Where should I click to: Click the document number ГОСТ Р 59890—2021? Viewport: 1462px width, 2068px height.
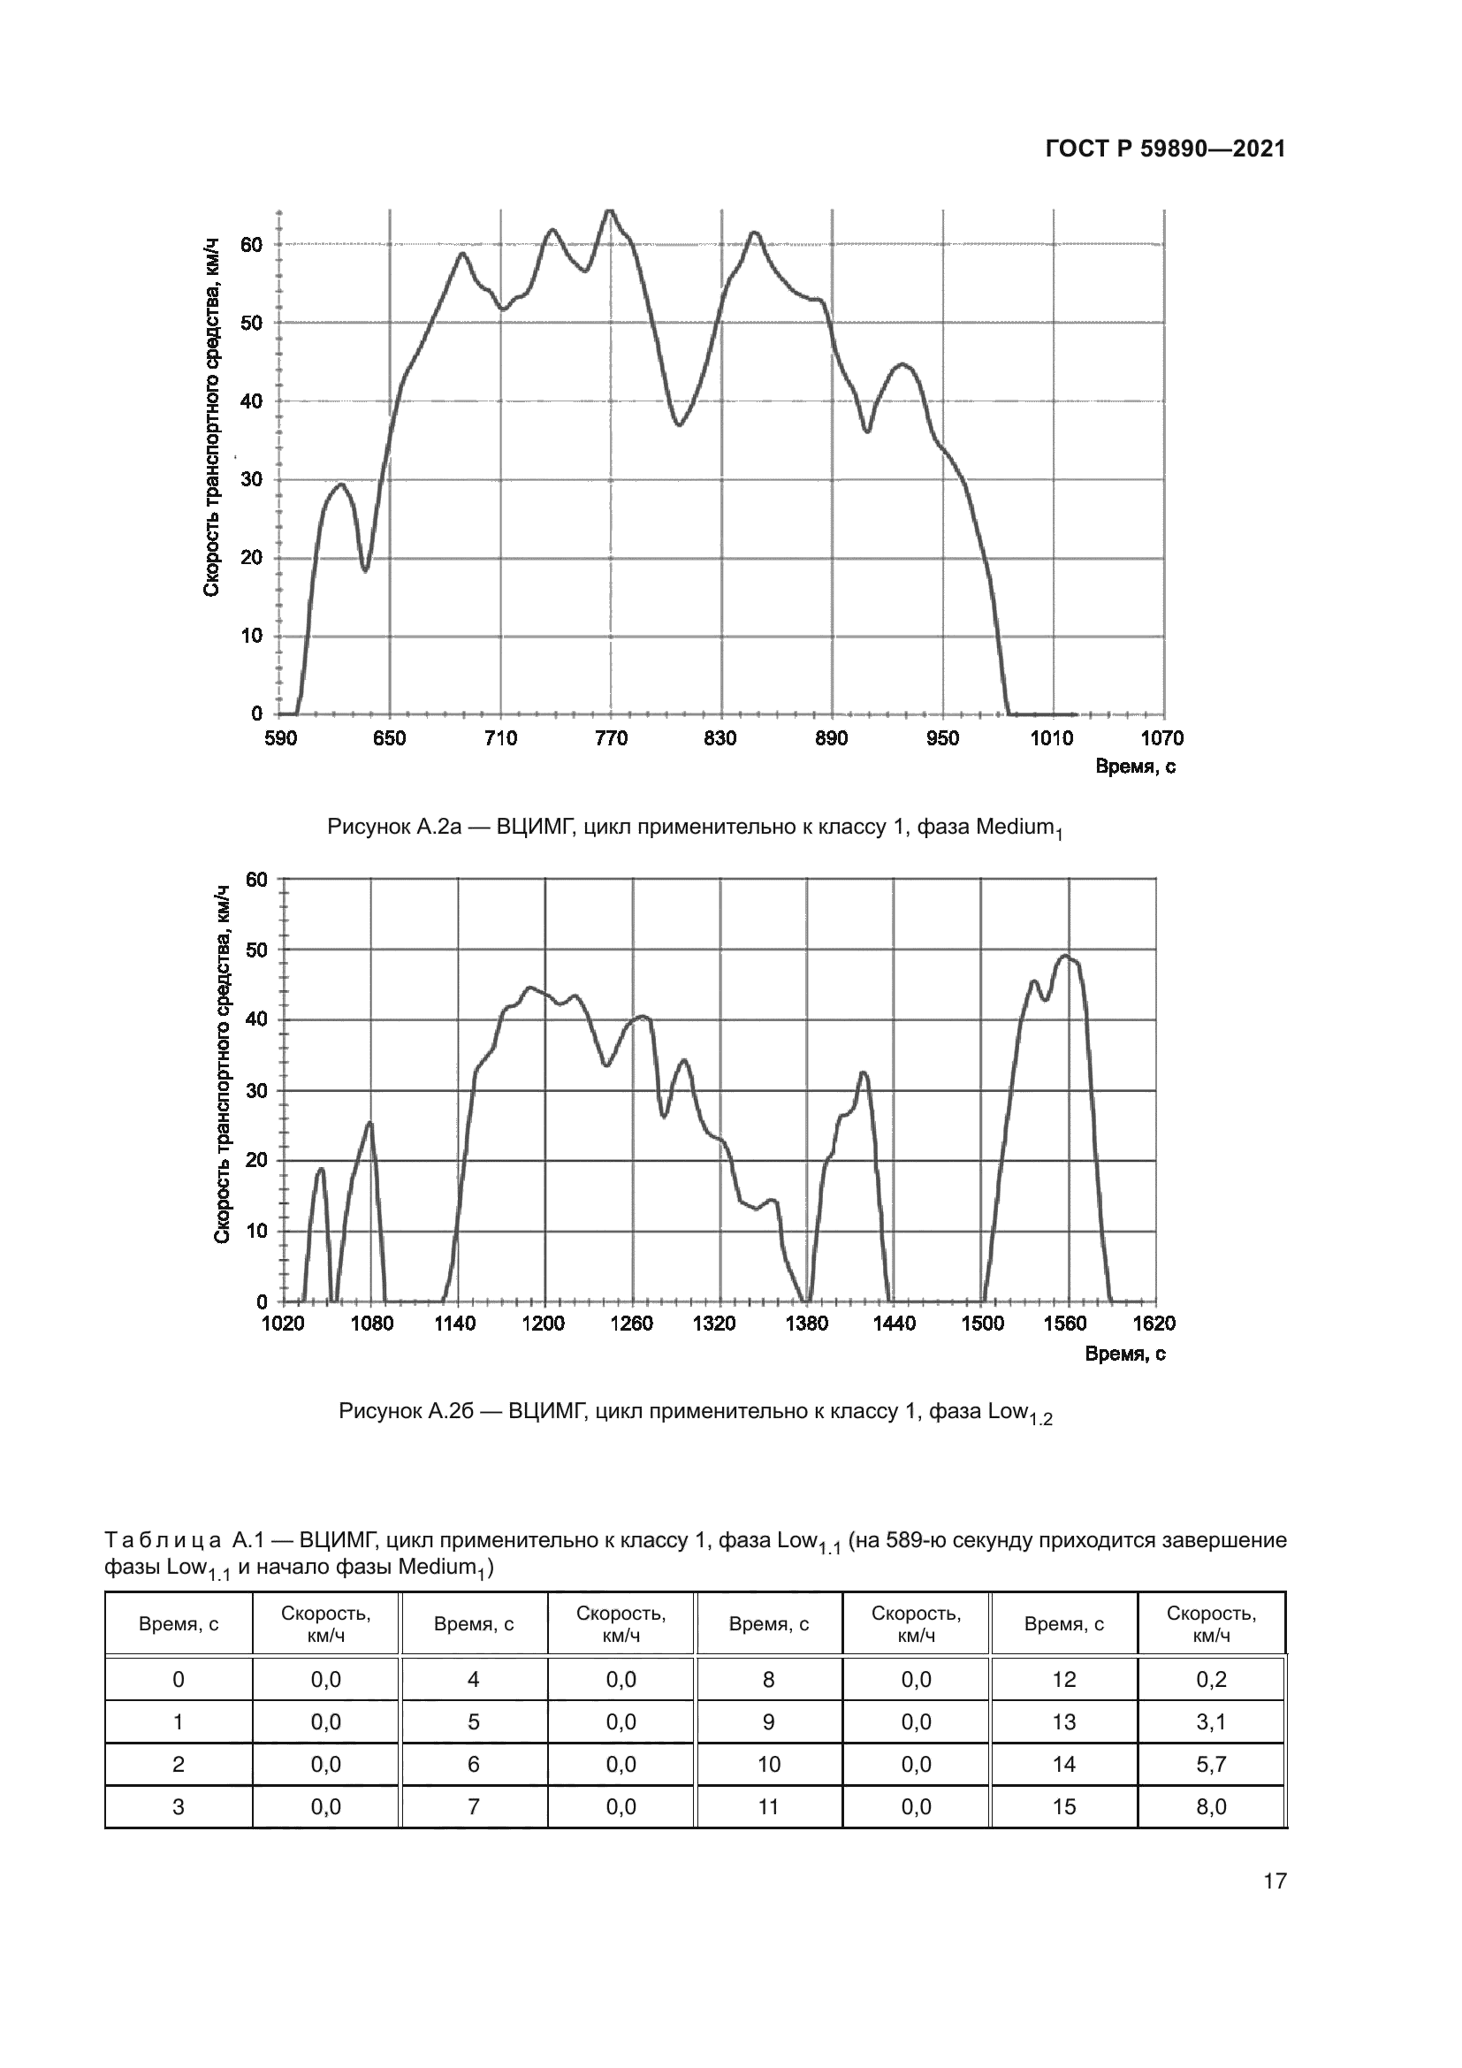(x=1165, y=149)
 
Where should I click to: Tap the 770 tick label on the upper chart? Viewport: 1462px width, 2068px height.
(x=611, y=739)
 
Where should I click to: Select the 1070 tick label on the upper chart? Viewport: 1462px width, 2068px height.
(x=1162, y=739)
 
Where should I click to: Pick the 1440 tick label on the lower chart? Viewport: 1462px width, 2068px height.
(x=894, y=1324)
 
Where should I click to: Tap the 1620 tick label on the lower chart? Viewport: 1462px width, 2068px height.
(x=1154, y=1324)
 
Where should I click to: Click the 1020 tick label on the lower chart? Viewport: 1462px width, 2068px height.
(x=283, y=1324)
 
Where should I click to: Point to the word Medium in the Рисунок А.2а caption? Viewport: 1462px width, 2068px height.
(x=1015, y=827)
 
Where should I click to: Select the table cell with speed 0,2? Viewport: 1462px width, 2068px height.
(x=1211, y=1680)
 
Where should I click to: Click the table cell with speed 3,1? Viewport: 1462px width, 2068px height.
(x=1211, y=1722)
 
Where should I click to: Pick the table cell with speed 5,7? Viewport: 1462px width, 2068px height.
(x=1211, y=1765)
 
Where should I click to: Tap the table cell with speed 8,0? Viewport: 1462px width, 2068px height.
(x=1211, y=1807)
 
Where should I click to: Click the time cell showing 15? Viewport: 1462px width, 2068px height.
(x=1063, y=1807)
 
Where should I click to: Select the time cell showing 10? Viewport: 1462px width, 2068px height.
(x=768, y=1765)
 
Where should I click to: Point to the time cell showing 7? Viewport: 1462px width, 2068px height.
(x=474, y=1807)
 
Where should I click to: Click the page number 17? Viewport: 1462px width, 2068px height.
(x=1275, y=1881)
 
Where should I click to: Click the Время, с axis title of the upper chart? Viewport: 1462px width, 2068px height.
(x=1134, y=767)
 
